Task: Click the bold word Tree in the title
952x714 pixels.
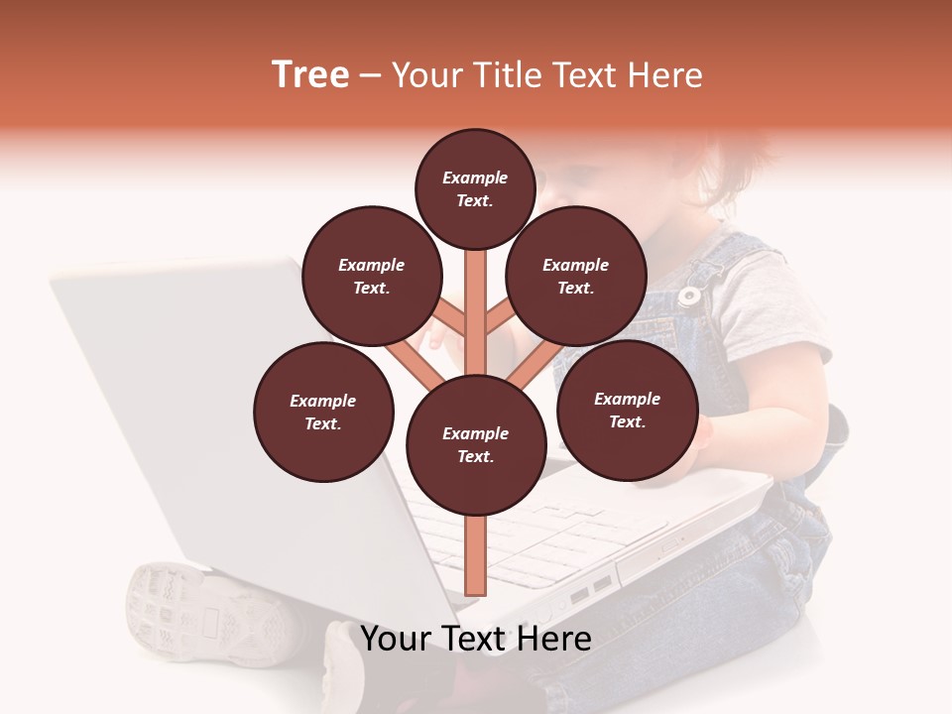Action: pyautogui.click(x=310, y=75)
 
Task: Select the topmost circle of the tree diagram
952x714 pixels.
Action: pyautogui.click(x=475, y=188)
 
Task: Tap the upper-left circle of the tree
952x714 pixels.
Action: pyautogui.click(x=372, y=276)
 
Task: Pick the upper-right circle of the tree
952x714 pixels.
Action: pyautogui.click(x=576, y=276)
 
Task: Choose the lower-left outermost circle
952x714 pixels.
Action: pyautogui.click(x=323, y=412)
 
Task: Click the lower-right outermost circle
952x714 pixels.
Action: pyautogui.click(x=628, y=410)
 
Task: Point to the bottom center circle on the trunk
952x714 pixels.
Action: pyautogui.click(x=476, y=445)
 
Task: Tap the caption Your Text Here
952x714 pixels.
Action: pyautogui.click(x=476, y=639)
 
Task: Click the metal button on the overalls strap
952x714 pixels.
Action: pyautogui.click(x=688, y=296)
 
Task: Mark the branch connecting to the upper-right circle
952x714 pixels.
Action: pyautogui.click(x=501, y=317)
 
